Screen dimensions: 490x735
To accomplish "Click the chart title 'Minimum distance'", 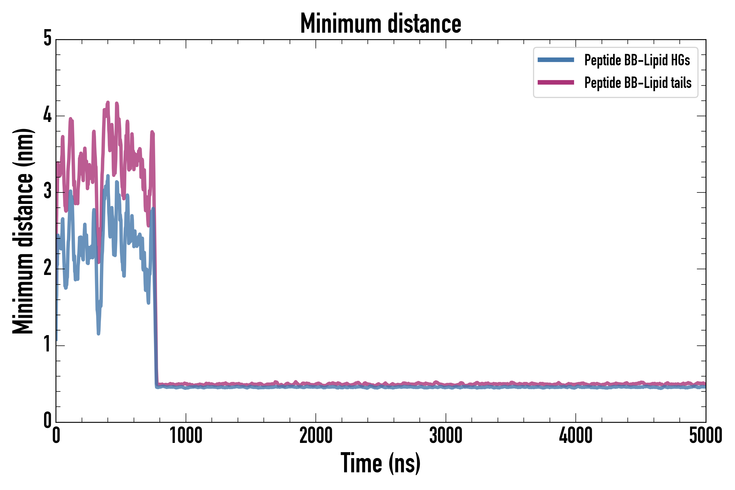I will [x=380, y=23].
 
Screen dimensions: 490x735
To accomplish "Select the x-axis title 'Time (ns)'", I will [x=380, y=463].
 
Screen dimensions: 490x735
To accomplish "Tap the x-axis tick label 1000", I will [x=186, y=436].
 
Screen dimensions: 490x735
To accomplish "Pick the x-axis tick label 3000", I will [x=446, y=436].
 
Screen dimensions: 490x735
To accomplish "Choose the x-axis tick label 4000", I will [x=576, y=436].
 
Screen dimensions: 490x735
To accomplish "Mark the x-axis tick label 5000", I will [x=706, y=436].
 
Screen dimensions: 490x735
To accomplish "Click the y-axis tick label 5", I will [x=47, y=38].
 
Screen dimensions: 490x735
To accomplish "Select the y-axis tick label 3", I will [x=47, y=191].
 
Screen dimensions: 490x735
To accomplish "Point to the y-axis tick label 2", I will [x=47, y=268].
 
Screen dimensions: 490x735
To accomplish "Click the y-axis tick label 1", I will [x=47, y=344].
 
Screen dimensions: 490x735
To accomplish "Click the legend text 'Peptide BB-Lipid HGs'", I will [x=637, y=60].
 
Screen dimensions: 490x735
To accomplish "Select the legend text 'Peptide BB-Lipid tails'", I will [x=638, y=83].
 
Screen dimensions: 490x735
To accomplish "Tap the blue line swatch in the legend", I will [x=556, y=60].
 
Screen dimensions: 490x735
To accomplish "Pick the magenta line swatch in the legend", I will [x=556, y=82].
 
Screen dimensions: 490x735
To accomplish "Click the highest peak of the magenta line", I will [x=108, y=103].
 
